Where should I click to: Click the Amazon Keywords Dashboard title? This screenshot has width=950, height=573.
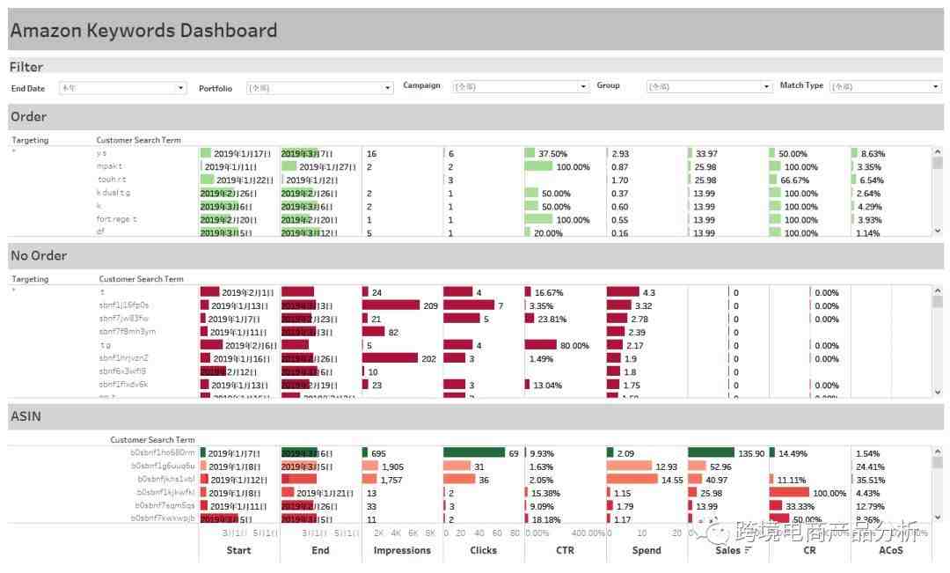point(143,31)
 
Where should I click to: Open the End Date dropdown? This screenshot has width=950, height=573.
point(122,88)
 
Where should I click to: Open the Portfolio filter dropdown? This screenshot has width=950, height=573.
point(319,88)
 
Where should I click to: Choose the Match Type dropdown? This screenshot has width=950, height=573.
point(885,86)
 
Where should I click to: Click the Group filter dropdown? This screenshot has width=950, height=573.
point(709,86)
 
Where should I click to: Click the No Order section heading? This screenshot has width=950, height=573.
point(39,256)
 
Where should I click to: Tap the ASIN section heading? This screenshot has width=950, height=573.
point(26,416)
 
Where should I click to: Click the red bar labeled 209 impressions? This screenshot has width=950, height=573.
point(391,305)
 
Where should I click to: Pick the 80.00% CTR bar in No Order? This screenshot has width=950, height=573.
point(541,345)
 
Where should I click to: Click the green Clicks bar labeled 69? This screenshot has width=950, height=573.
point(474,452)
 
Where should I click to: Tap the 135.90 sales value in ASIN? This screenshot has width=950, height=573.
point(752,453)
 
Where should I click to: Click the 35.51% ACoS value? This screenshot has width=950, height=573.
point(870,480)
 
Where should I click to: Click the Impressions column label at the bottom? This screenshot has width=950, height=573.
point(402,550)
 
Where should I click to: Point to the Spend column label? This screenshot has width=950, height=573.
point(647,550)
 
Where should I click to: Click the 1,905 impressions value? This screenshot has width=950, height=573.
point(392,466)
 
